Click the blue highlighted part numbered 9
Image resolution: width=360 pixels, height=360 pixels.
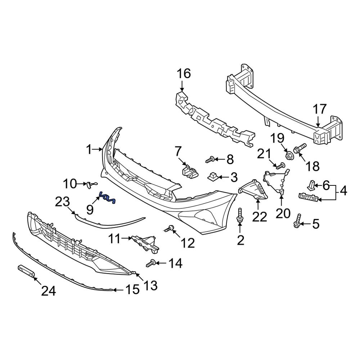tap(107, 198)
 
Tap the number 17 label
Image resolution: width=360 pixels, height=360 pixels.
tap(319, 109)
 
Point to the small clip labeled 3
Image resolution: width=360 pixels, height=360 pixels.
tap(212, 176)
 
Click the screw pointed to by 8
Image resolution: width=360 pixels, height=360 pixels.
tap(211, 159)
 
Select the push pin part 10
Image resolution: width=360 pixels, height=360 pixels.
tap(90, 184)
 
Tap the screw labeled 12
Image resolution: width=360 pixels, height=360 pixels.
tap(170, 228)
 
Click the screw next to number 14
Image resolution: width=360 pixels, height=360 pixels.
tap(151, 264)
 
